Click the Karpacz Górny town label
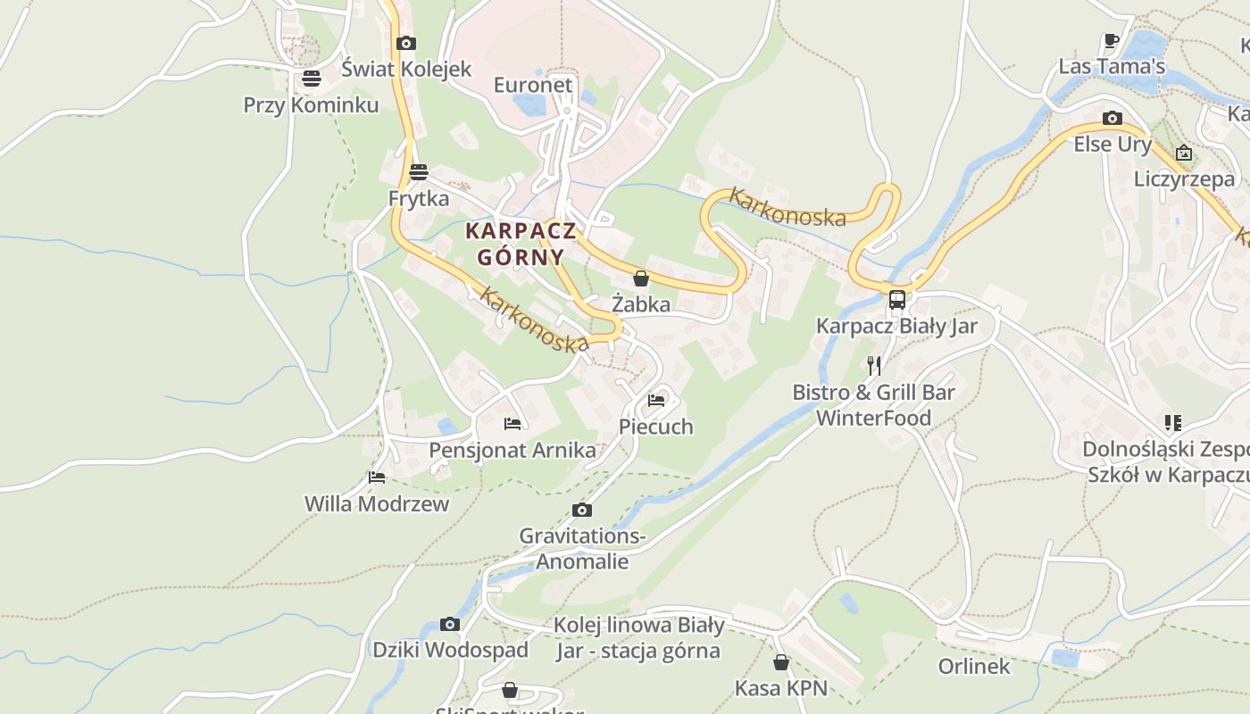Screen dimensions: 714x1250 pos(520,244)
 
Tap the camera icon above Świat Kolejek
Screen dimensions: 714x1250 pos(406,43)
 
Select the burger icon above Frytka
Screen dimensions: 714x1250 pos(419,171)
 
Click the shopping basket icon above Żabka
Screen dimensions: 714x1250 pos(640,278)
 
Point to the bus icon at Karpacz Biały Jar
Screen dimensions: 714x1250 pos(896,300)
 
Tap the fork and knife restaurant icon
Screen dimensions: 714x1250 pos(874,365)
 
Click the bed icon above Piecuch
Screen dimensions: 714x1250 pos(656,400)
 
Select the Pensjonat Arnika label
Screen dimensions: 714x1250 pos(512,449)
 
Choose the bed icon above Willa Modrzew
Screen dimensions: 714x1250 pos(377,477)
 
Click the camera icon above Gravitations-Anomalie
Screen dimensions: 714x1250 pos(582,510)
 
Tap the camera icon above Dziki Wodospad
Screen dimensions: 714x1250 pos(450,624)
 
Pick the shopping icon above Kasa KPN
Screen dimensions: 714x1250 pos(781,662)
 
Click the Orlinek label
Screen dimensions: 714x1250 pos(974,666)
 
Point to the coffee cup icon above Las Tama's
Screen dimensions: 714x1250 pos(1111,40)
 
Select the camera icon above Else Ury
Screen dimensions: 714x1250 pos(1112,118)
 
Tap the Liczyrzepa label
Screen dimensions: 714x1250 pos(1184,178)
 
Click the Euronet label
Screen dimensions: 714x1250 pos(533,85)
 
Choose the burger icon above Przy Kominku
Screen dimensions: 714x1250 pos(311,79)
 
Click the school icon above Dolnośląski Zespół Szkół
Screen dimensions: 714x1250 pos(1172,422)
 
